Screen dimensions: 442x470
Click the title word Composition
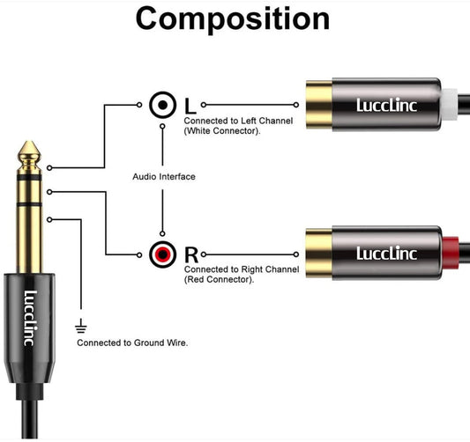tap(233, 19)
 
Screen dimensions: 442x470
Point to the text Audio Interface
tap(164, 177)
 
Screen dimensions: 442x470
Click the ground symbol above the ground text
tap(82, 324)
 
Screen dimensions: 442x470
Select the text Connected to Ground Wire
tap(132, 342)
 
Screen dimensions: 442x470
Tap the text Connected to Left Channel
tap(236, 121)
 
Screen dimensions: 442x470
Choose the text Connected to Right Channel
tap(239, 270)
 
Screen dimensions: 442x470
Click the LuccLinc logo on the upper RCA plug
tap(388, 106)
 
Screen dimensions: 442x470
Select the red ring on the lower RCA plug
tap(451, 254)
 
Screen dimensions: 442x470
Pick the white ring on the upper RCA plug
tap(451, 105)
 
